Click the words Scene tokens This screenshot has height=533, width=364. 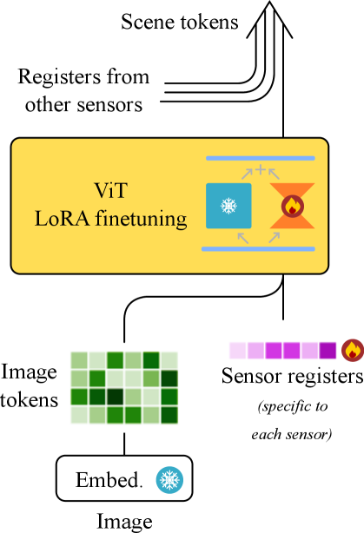[x=179, y=22]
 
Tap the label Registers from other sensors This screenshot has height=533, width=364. [x=83, y=90]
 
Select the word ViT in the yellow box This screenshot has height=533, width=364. [x=111, y=190]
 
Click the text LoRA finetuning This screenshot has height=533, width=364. [x=111, y=218]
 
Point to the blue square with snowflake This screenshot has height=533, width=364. [x=228, y=206]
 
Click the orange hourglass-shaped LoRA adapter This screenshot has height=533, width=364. [x=292, y=206]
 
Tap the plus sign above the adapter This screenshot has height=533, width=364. [x=261, y=169]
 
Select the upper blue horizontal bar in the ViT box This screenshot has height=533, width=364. [x=261, y=158]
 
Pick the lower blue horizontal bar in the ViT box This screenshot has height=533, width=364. [x=258, y=249]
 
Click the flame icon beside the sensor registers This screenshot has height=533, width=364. [x=353, y=350]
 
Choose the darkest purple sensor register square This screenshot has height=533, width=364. [x=328, y=351]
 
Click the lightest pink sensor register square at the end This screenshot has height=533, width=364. [x=238, y=351]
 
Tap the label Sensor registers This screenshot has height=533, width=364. [x=292, y=377]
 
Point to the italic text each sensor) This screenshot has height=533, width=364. [x=292, y=434]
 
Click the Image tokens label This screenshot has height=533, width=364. [x=30, y=385]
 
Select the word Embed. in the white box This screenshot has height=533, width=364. [x=109, y=480]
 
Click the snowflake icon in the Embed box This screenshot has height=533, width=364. [x=169, y=479]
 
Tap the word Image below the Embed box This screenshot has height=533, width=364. [x=124, y=522]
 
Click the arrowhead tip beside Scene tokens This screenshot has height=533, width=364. [x=269, y=1]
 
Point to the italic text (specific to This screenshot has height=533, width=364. [x=293, y=406]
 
